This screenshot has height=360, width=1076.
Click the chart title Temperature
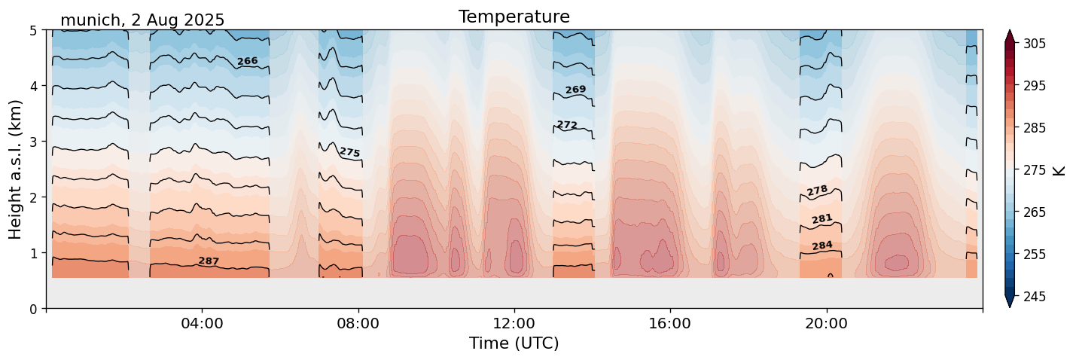[514, 17]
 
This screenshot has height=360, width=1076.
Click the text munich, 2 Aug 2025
[142, 20]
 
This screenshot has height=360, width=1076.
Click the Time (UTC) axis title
[514, 343]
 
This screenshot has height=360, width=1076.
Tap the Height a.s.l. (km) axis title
[16, 169]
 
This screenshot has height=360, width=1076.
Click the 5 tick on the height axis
[33, 30]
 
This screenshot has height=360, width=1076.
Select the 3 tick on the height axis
[33, 142]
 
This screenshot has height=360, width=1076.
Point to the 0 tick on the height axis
[33, 309]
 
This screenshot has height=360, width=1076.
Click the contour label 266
[247, 61]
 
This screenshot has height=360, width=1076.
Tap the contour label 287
[209, 261]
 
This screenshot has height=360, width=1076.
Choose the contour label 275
[349, 152]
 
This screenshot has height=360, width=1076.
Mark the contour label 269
[575, 90]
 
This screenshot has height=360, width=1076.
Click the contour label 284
[822, 246]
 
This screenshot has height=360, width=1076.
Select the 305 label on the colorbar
[1032, 44]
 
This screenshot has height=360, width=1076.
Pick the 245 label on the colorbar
[1032, 297]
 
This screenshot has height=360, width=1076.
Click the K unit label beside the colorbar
[1059, 170]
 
